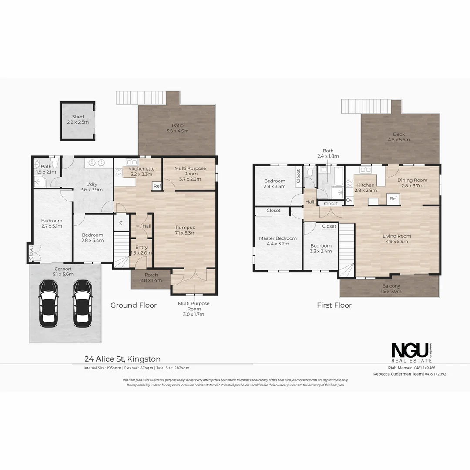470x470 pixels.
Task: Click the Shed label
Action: [78, 117]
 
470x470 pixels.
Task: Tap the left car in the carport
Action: [48, 303]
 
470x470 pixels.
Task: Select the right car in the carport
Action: [83, 303]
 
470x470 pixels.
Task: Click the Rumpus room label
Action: [185, 227]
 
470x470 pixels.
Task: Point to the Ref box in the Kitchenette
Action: [157, 186]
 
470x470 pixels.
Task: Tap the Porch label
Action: [151, 275]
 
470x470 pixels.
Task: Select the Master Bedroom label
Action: [278, 238]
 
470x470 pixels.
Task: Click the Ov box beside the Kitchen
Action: [349, 200]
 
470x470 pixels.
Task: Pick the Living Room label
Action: [396, 236]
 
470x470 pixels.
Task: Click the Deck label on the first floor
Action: [399, 134]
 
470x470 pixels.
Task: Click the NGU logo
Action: [411, 350]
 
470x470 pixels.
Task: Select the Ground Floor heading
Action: [133, 305]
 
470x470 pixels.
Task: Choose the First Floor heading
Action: [334, 305]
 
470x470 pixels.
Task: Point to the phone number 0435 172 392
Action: [435, 374]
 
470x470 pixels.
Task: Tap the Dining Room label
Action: [412, 180]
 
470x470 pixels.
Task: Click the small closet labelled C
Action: [121, 223]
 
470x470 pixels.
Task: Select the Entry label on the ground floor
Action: [141, 248]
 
